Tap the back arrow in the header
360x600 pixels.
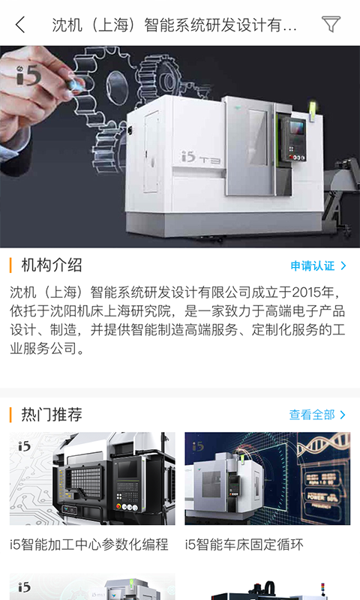click(20, 25)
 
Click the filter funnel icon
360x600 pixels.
click(331, 25)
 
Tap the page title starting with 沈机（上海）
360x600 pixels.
click(174, 25)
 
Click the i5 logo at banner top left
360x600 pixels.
click(29, 73)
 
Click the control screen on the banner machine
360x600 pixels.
click(294, 129)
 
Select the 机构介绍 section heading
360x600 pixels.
click(52, 265)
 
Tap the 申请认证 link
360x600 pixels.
click(313, 265)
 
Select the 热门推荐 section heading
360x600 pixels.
click(52, 415)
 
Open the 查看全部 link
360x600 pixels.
click(312, 415)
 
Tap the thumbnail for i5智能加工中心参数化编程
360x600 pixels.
click(92, 478)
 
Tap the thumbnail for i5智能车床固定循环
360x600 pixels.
click(268, 478)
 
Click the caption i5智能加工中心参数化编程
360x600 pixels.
click(89, 544)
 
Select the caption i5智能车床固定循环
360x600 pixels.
click(244, 544)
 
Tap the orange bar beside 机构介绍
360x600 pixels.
click(11, 265)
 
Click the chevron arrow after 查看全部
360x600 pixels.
click(343, 415)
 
